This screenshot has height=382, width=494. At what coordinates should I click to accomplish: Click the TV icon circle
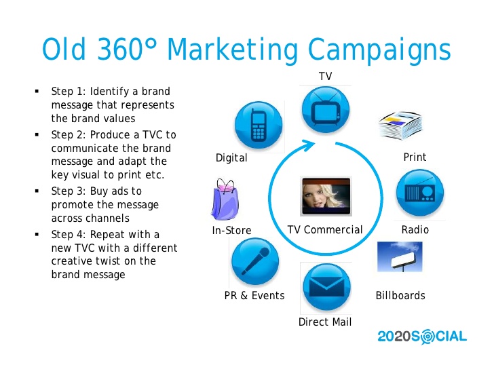[x=326, y=110]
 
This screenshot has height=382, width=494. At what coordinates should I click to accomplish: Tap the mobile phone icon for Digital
[x=259, y=125]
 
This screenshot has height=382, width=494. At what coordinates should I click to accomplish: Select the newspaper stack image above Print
[x=400, y=126]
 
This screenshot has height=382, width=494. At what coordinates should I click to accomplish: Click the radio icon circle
[x=420, y=193]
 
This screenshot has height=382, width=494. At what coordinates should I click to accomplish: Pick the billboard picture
[x=400, y=256]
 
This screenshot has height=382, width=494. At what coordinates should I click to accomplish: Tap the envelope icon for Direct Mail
[x=326, y=287]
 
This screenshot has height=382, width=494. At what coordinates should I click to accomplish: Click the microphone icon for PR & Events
[x=255, y=261]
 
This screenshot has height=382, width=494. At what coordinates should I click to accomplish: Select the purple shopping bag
[x=225, y=199]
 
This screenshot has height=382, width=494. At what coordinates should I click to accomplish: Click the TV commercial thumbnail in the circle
[x=326, y=196]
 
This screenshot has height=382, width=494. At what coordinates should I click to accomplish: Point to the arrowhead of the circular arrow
[x=308, y=145]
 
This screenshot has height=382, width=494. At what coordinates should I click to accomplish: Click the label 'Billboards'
[x=400, y=295]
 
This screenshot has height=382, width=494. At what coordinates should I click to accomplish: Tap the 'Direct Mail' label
[x=325, y=322]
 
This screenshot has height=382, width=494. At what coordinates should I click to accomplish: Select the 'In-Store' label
[x=231, y=230]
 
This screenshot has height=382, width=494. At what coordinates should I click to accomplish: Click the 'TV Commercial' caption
[x=325, y=229]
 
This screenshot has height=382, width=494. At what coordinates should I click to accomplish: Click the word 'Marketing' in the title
[x=233, y=50]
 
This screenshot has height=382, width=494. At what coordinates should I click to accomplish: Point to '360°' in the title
[x=127, y=49]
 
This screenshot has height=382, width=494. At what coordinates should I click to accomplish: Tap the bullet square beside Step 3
[x=37, y=191]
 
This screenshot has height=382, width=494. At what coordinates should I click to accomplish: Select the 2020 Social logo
[x=422, y=337]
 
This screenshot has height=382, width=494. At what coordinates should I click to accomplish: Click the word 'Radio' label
[x=415, y=229]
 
